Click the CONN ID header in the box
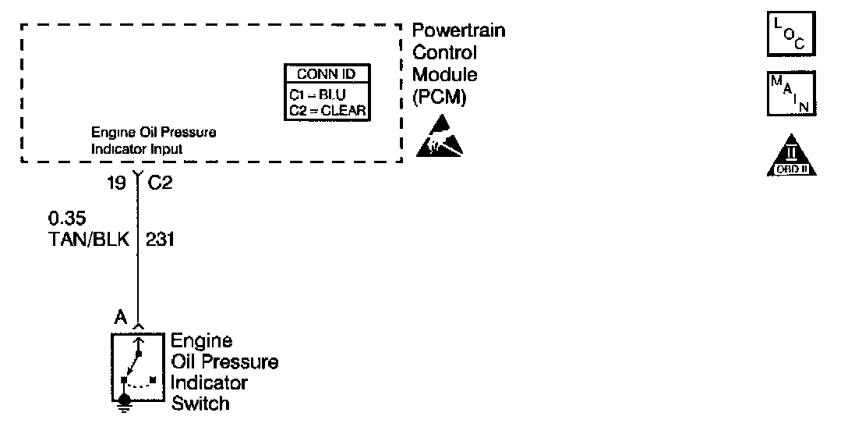point(327,74)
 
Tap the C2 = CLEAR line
point(327,110)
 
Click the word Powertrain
point(458,30)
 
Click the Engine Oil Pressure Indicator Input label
point(154,140)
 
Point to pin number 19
point(117,184)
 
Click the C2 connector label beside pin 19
point(160,184)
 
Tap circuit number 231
point(161,240)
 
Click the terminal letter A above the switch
point(121,317)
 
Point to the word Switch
point(200,404)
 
